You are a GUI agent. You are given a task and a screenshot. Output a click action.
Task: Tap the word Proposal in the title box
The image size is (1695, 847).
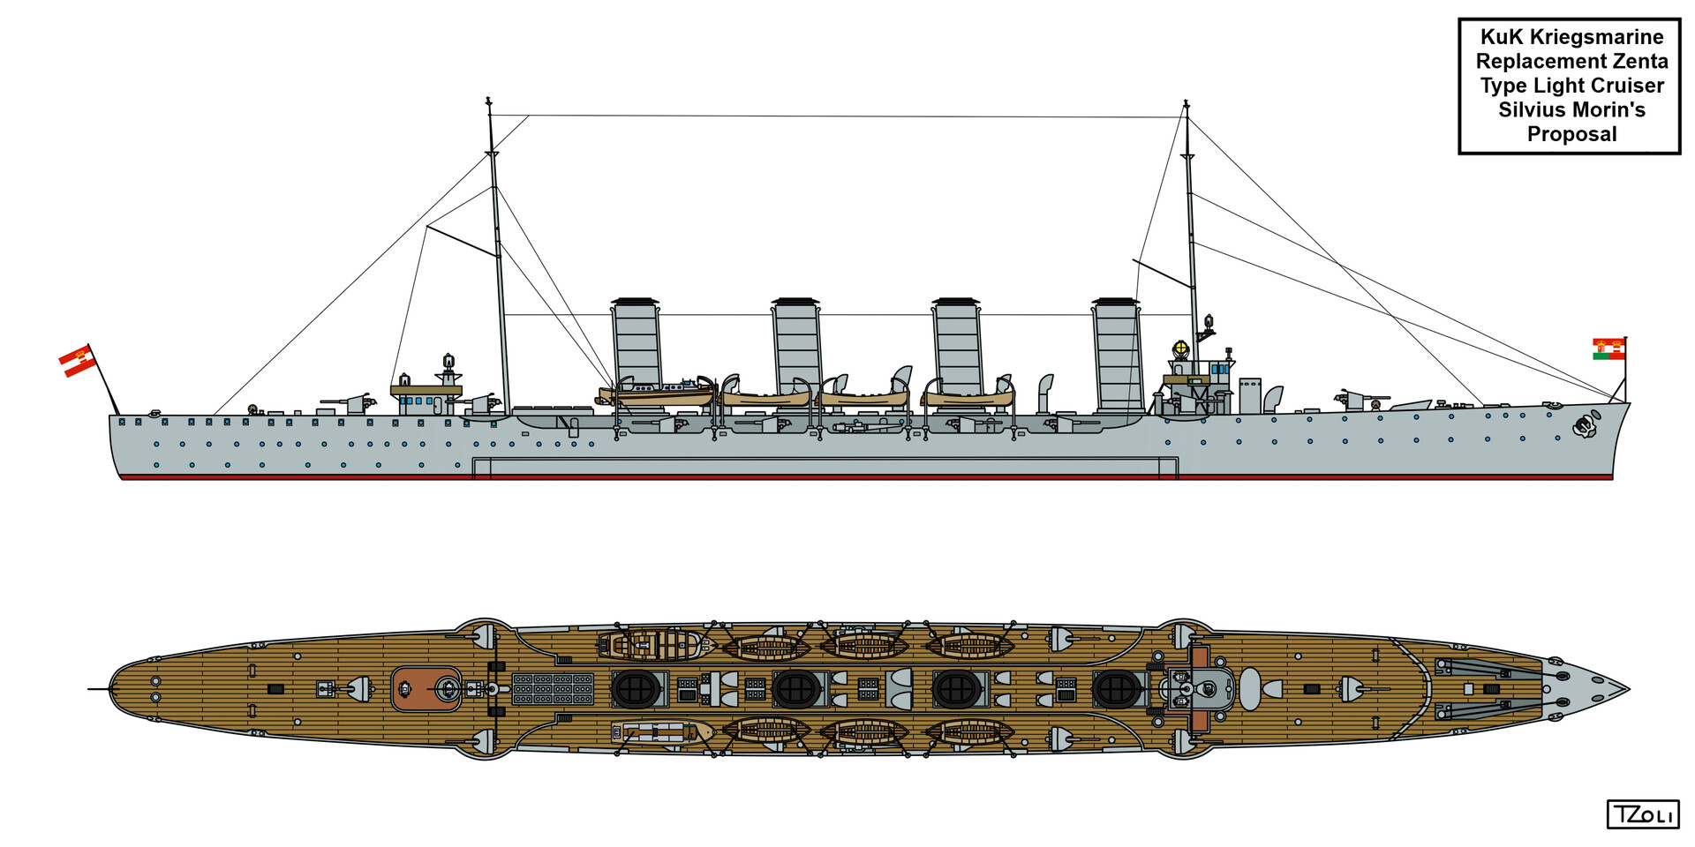click(1571, 134)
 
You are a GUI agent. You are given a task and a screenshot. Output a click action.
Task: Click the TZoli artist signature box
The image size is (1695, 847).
click(1642, 814)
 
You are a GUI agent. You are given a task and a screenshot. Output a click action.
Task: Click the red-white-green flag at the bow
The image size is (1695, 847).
click(1608, 349)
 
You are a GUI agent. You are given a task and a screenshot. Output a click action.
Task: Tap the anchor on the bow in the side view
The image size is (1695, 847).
click(1586, 427)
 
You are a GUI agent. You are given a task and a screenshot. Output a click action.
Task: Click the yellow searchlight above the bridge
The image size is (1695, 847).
click(1179, 349)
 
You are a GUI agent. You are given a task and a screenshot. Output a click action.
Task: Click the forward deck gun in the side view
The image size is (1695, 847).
click(1353, 399)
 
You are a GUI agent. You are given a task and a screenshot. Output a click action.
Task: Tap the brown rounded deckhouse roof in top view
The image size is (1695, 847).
click(426, 688)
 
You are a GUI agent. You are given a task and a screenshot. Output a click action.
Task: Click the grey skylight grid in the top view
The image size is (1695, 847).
click(553, 688)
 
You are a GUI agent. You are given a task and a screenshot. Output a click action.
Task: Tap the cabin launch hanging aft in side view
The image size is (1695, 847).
click(658, 391)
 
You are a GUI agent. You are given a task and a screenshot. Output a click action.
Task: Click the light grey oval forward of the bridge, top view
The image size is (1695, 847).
click(1250, 688)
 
